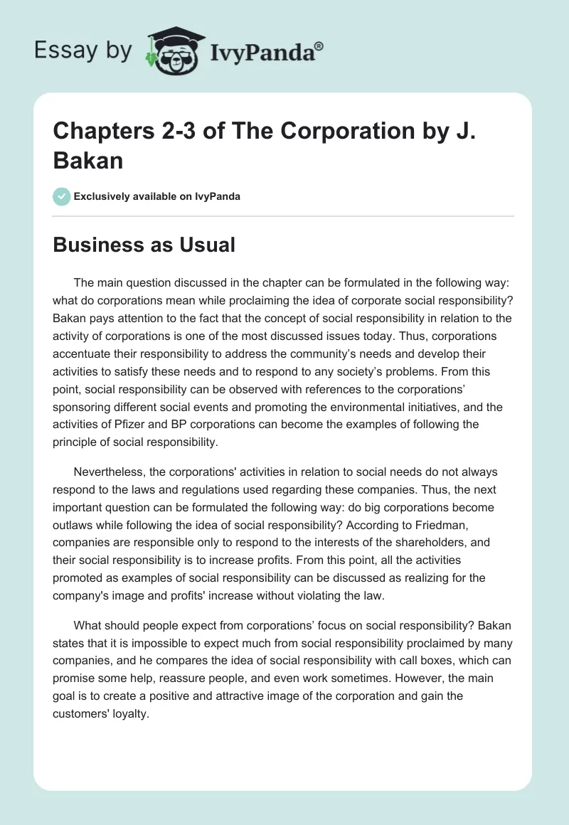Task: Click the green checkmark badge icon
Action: [x=62, y=196]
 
